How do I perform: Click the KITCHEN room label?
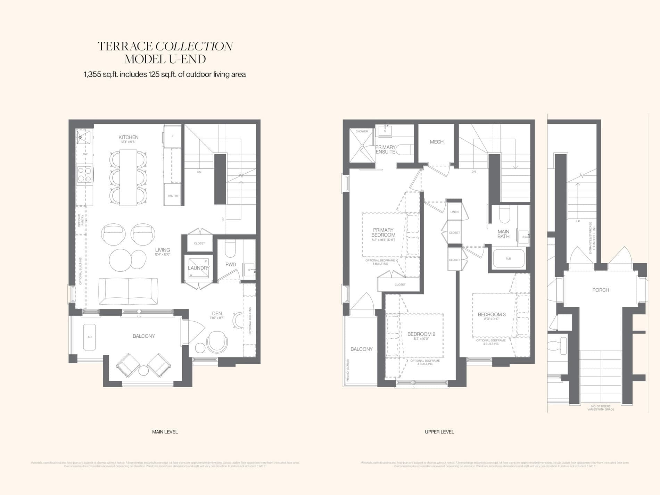(128, 137)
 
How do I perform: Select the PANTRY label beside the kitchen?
(173, 196)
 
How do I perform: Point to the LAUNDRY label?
(199, 268)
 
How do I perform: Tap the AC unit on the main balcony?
(90, 337)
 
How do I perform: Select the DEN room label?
(217, 313)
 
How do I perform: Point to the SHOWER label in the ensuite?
(362, 131)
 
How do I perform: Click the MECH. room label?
(437, 142)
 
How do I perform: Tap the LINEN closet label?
(454, 212)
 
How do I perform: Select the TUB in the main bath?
(508, 258)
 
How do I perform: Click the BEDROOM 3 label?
(492, 314)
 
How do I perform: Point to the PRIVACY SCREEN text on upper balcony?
(348, 370)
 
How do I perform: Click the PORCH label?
(600, 290)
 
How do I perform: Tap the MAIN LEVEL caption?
(165, 432)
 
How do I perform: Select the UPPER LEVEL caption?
(439, 432)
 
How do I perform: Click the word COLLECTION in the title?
(194, 47)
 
